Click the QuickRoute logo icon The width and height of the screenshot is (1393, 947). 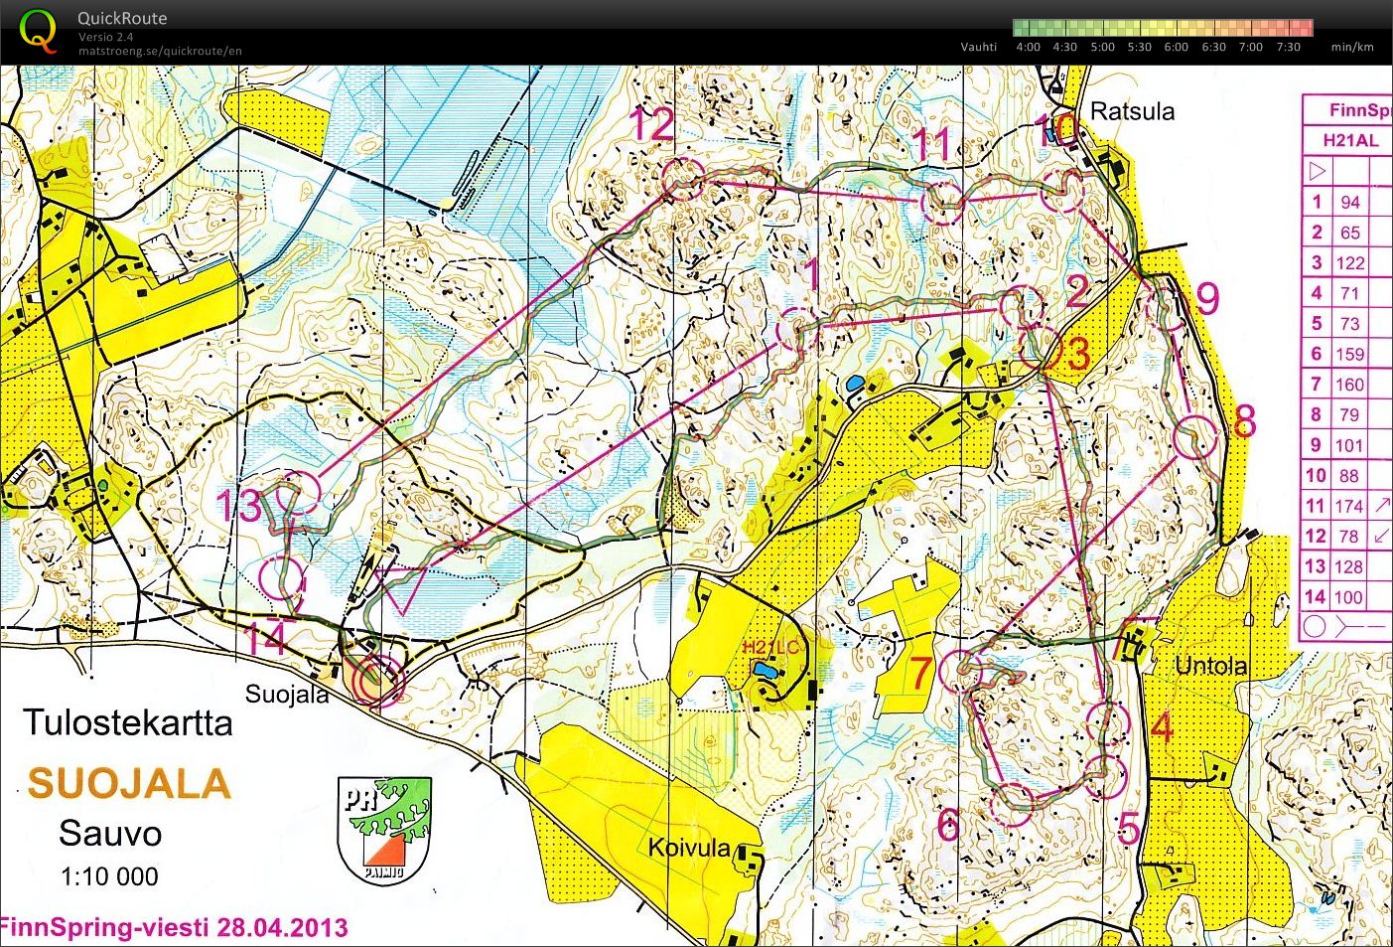point(38,30)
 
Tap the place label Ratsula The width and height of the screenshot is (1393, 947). point(1132,111)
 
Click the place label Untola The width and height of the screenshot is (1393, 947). point(1210,666)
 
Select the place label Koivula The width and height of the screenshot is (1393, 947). point(689,849)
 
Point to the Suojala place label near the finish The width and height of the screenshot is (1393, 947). point(286,694)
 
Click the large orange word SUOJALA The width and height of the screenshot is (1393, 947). point(129,784)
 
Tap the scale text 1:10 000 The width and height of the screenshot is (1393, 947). point(109,876)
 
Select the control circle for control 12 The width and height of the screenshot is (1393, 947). point(682,178)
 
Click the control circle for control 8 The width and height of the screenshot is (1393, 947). point(1195,436)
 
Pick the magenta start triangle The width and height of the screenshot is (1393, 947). point(402,587)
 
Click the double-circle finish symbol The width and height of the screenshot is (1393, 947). point(374,683)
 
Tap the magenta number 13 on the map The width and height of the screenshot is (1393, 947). point(239,506)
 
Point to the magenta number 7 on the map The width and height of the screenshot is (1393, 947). point(921,673)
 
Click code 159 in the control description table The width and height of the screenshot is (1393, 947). point(1348,354)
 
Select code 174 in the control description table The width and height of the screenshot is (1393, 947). point(1348,506)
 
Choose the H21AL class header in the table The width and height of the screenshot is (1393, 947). point(1350,140)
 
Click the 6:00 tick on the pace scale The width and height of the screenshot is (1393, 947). point(1176,47)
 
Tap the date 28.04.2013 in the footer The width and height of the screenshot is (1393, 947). point(281,928)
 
